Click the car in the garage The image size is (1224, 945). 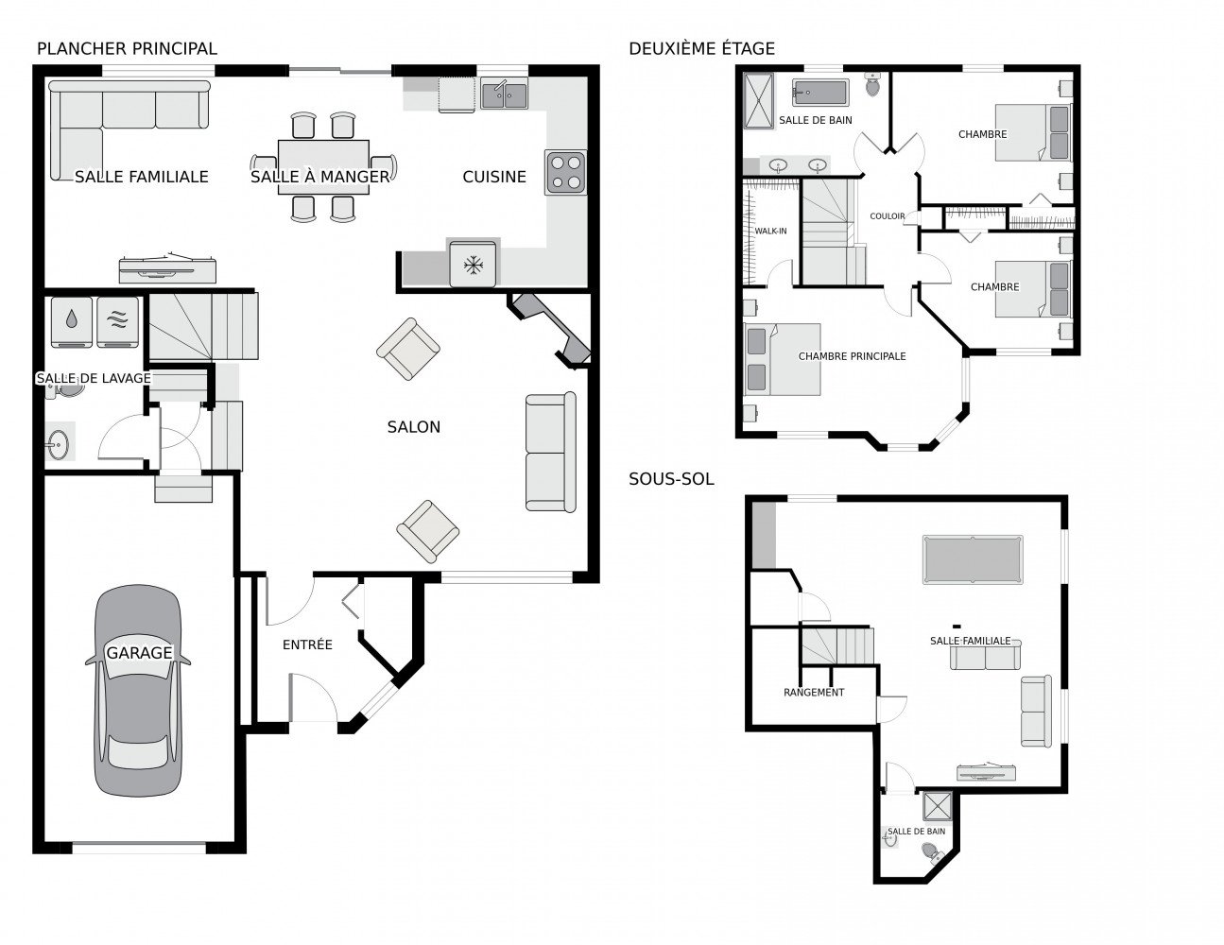click(x=138, y=691)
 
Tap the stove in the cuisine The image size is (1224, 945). click(x=565, y=172)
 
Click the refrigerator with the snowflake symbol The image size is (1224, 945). click(x=474, y=264)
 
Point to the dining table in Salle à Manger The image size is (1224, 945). click(x=323, y=166)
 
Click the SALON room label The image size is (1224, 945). click(x=413, y=427)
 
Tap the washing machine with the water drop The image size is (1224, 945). click(x=72, y=322)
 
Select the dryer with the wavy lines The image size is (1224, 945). click(x=117, y=322)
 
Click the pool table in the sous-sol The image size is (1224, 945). click(x=973, y=559)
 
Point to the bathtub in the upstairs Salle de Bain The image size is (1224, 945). click(x=819, y=93)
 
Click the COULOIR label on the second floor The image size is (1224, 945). click(x=888, y=216)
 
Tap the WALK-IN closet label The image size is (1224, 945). click(x=770, y=231)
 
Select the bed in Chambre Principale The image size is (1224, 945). click(x=782, y=359)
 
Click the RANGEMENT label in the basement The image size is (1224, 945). click(x=814, y=693)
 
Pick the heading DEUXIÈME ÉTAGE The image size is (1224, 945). click(x=702, y=49)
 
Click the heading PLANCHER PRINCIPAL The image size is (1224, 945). click(x=127, y=49)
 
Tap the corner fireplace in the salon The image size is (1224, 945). click(x=550, y=331)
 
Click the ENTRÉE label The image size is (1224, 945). click(x=307, y=644)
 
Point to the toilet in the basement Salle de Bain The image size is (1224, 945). click(x=933, y=853)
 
